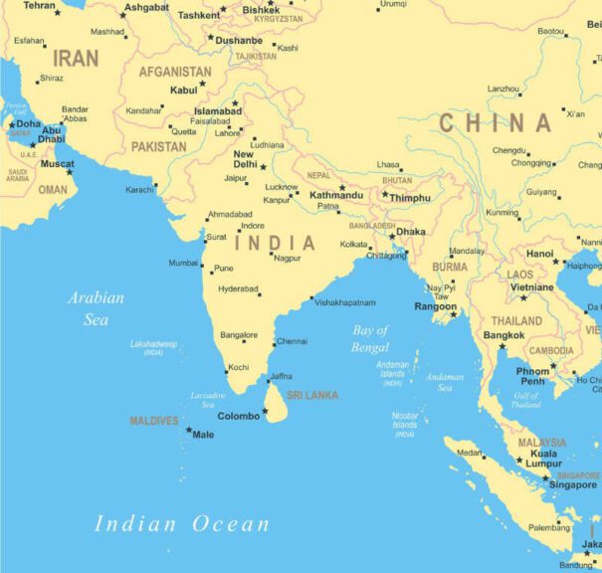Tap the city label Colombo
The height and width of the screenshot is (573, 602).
point(238,416)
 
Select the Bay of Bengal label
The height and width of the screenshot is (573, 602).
point(370,339)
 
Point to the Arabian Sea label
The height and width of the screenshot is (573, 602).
point(97,308)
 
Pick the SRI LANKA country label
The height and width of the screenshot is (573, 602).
point(312,395)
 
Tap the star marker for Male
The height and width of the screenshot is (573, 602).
point(189,430)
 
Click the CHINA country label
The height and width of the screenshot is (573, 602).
point(496,123)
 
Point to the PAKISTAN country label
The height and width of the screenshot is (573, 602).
point(158,146)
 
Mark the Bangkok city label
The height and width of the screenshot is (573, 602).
point(503,335)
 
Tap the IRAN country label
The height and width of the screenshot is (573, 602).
point(76,59)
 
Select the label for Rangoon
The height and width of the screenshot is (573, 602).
point(435,306)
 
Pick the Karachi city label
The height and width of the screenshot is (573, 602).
point(139,189)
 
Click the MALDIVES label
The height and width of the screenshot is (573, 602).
point(153,421)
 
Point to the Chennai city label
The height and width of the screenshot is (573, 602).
point(292,341)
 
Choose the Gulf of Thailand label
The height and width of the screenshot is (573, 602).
point(525,400)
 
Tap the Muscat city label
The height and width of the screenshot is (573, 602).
point(57,164)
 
